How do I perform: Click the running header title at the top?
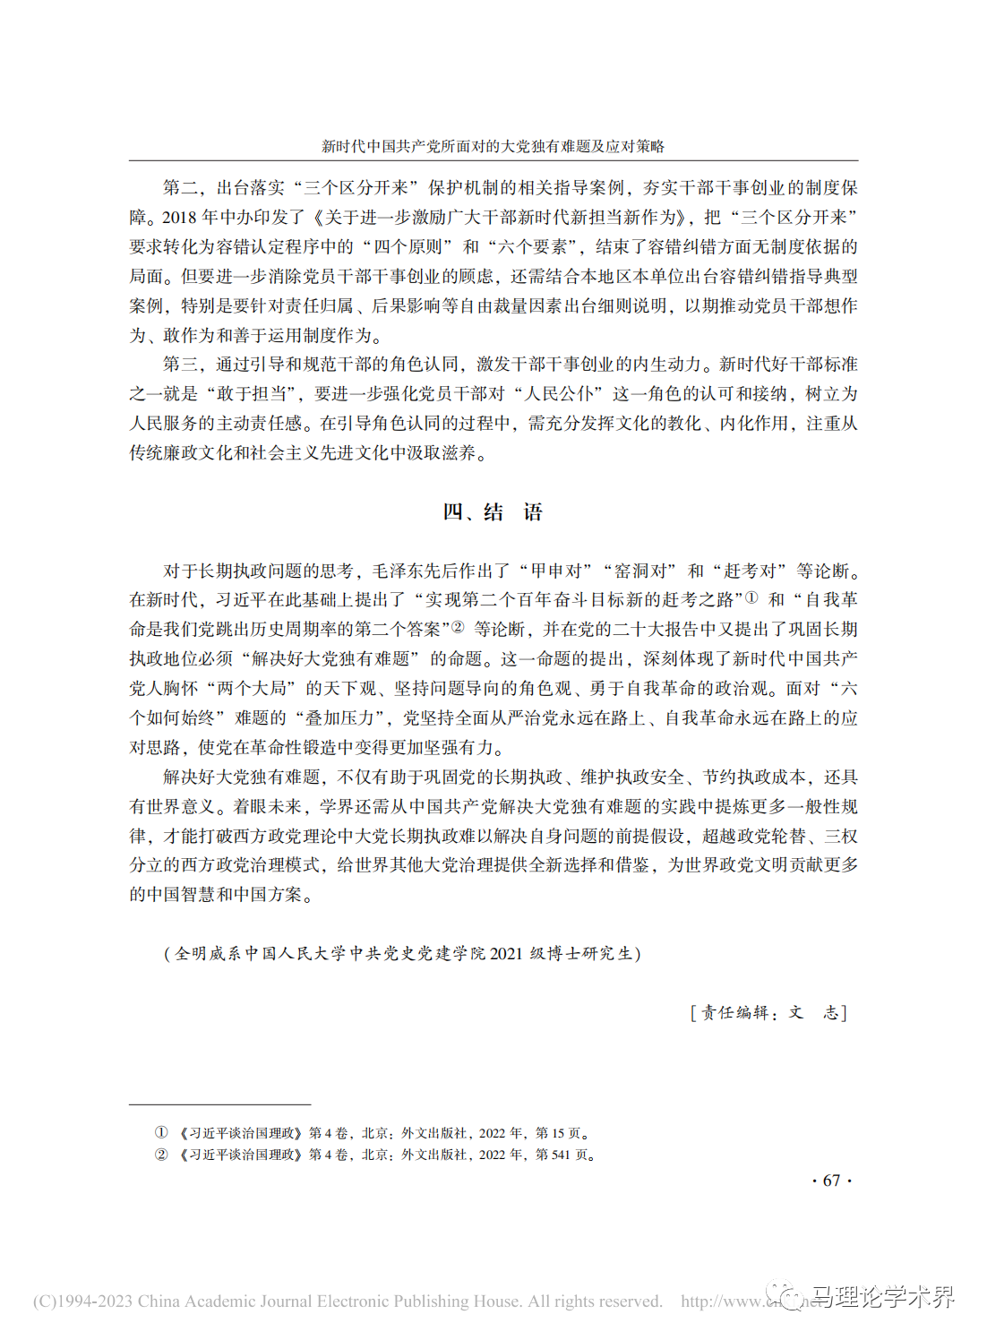point(493,146)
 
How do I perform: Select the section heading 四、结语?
point(493,512)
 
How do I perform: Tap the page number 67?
point(831,1181)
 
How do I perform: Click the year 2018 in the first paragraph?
point(179,218)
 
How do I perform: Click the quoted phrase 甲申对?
point(562,571)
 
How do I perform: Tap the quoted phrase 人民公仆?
point(560,394)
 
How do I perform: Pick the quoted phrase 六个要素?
point(536,247)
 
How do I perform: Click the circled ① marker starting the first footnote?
point(161,1132)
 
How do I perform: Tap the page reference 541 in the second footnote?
point(561,1155)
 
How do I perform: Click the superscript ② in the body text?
point(458,626)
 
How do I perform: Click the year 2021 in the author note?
point(506,953)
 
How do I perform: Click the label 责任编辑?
point(734,1012)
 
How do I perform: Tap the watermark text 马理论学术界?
point(882,1297)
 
